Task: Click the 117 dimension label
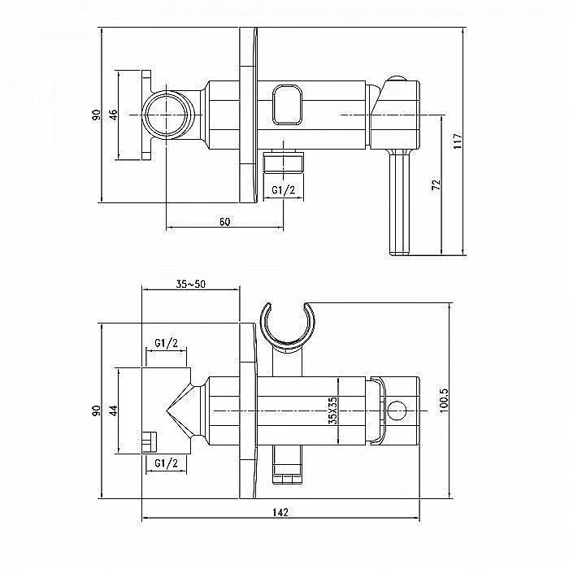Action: [458, 141]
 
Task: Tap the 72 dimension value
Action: [437, 185]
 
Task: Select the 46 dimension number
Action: [113, 115]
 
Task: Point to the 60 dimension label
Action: [224, 221]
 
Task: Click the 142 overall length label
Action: [280, 512]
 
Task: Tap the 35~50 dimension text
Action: [190, 284]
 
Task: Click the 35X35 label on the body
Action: [332, 410]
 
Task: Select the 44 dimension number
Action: [114, 410]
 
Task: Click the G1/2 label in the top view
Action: [284, 189]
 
